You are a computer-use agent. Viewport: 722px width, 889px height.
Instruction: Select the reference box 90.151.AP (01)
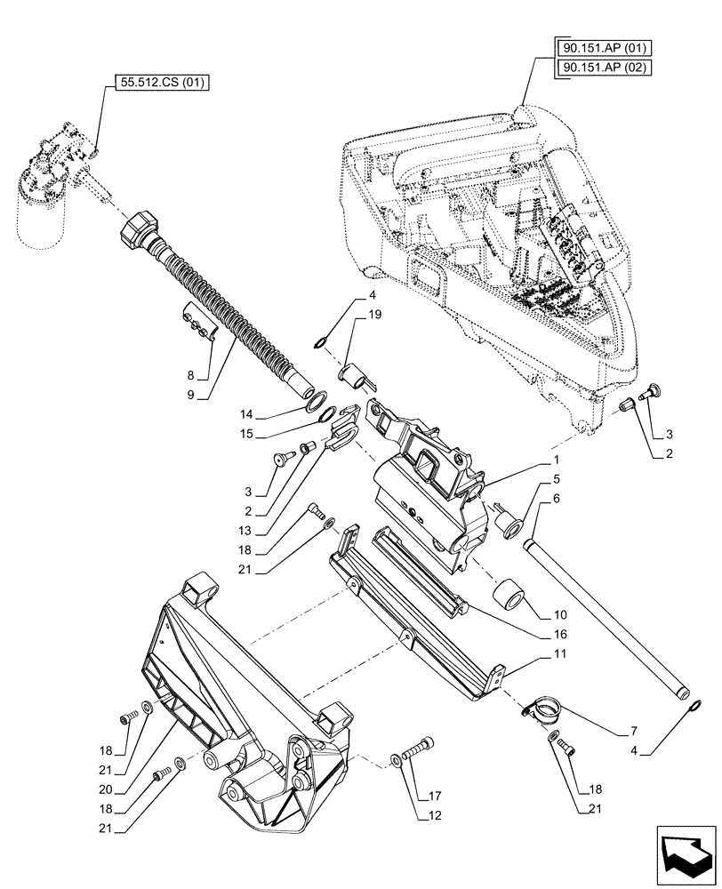tap(598, 46)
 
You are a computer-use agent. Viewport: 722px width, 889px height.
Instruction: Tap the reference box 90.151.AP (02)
tap(598, 67)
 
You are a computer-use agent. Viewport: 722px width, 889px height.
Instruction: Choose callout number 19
tap(373, 314)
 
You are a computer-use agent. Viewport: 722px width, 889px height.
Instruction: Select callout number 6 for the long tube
tap(556, 501)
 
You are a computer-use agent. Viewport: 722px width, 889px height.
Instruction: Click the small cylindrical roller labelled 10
tap(510, 594)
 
